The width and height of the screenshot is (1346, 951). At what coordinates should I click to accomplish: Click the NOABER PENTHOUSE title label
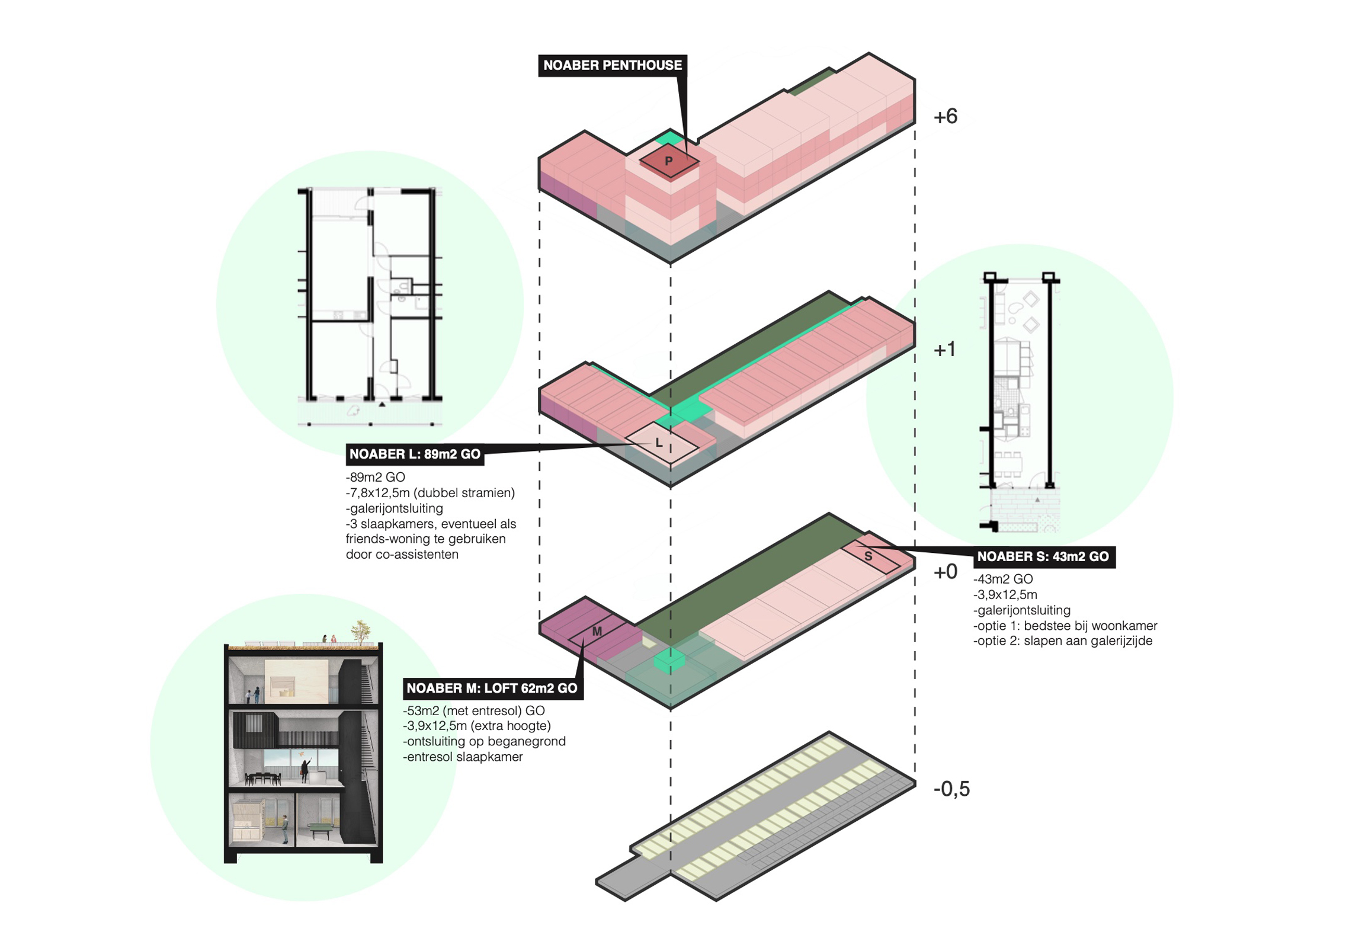[x=612, y=65]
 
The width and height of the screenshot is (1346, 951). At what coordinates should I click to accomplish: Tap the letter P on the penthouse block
[x=668, y=161]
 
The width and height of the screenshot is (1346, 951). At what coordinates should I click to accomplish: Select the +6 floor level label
[x=945, y=116]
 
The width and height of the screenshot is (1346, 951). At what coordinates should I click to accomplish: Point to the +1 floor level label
[x=944, y=349]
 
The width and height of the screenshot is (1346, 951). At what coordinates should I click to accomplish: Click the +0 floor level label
[x=945, y=571]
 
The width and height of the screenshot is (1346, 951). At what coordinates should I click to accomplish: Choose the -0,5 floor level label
[x=951, y=789]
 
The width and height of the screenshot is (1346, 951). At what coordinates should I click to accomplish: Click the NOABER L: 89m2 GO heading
[x=415, y=454]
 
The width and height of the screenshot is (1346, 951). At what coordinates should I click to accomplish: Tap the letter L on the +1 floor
[x=659, y=443]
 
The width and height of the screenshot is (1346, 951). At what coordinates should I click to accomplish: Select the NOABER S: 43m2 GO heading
[x=1043, y=556]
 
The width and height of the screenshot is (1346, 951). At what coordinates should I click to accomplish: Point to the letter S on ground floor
[x=868, y=556]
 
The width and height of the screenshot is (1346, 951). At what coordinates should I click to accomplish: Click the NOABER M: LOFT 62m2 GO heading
[x=492, y=688]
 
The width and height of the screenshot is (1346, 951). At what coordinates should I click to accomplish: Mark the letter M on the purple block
[x=597, y=632]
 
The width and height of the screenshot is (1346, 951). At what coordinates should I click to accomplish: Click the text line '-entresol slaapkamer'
[x=463, y=757]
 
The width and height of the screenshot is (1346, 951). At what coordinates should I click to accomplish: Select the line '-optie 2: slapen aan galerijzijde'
[x=1063, y=641]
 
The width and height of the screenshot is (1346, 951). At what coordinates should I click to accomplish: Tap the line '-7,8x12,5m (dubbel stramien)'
[x=430, y=492]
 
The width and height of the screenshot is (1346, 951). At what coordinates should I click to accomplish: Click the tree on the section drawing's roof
[x=361, y=630]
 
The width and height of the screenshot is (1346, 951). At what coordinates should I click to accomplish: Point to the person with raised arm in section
[x=305, y=770]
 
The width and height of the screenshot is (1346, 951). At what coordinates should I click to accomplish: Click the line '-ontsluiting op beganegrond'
[x=484, y=741]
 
